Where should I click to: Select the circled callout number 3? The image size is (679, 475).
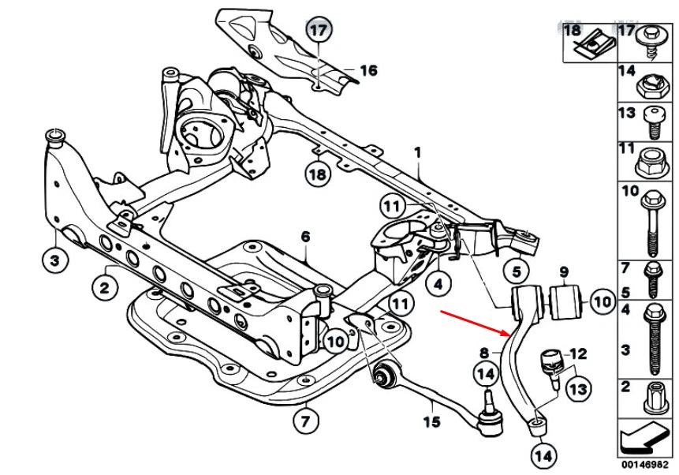coord(54,260)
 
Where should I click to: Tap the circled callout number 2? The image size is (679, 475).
coord(104,288)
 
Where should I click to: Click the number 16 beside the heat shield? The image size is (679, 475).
coord(368,71)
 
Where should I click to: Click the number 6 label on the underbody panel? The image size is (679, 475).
coord(305,236)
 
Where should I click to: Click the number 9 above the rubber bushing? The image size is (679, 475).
coord(564,272)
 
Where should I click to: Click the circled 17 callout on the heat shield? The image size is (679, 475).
coord(317,32)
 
